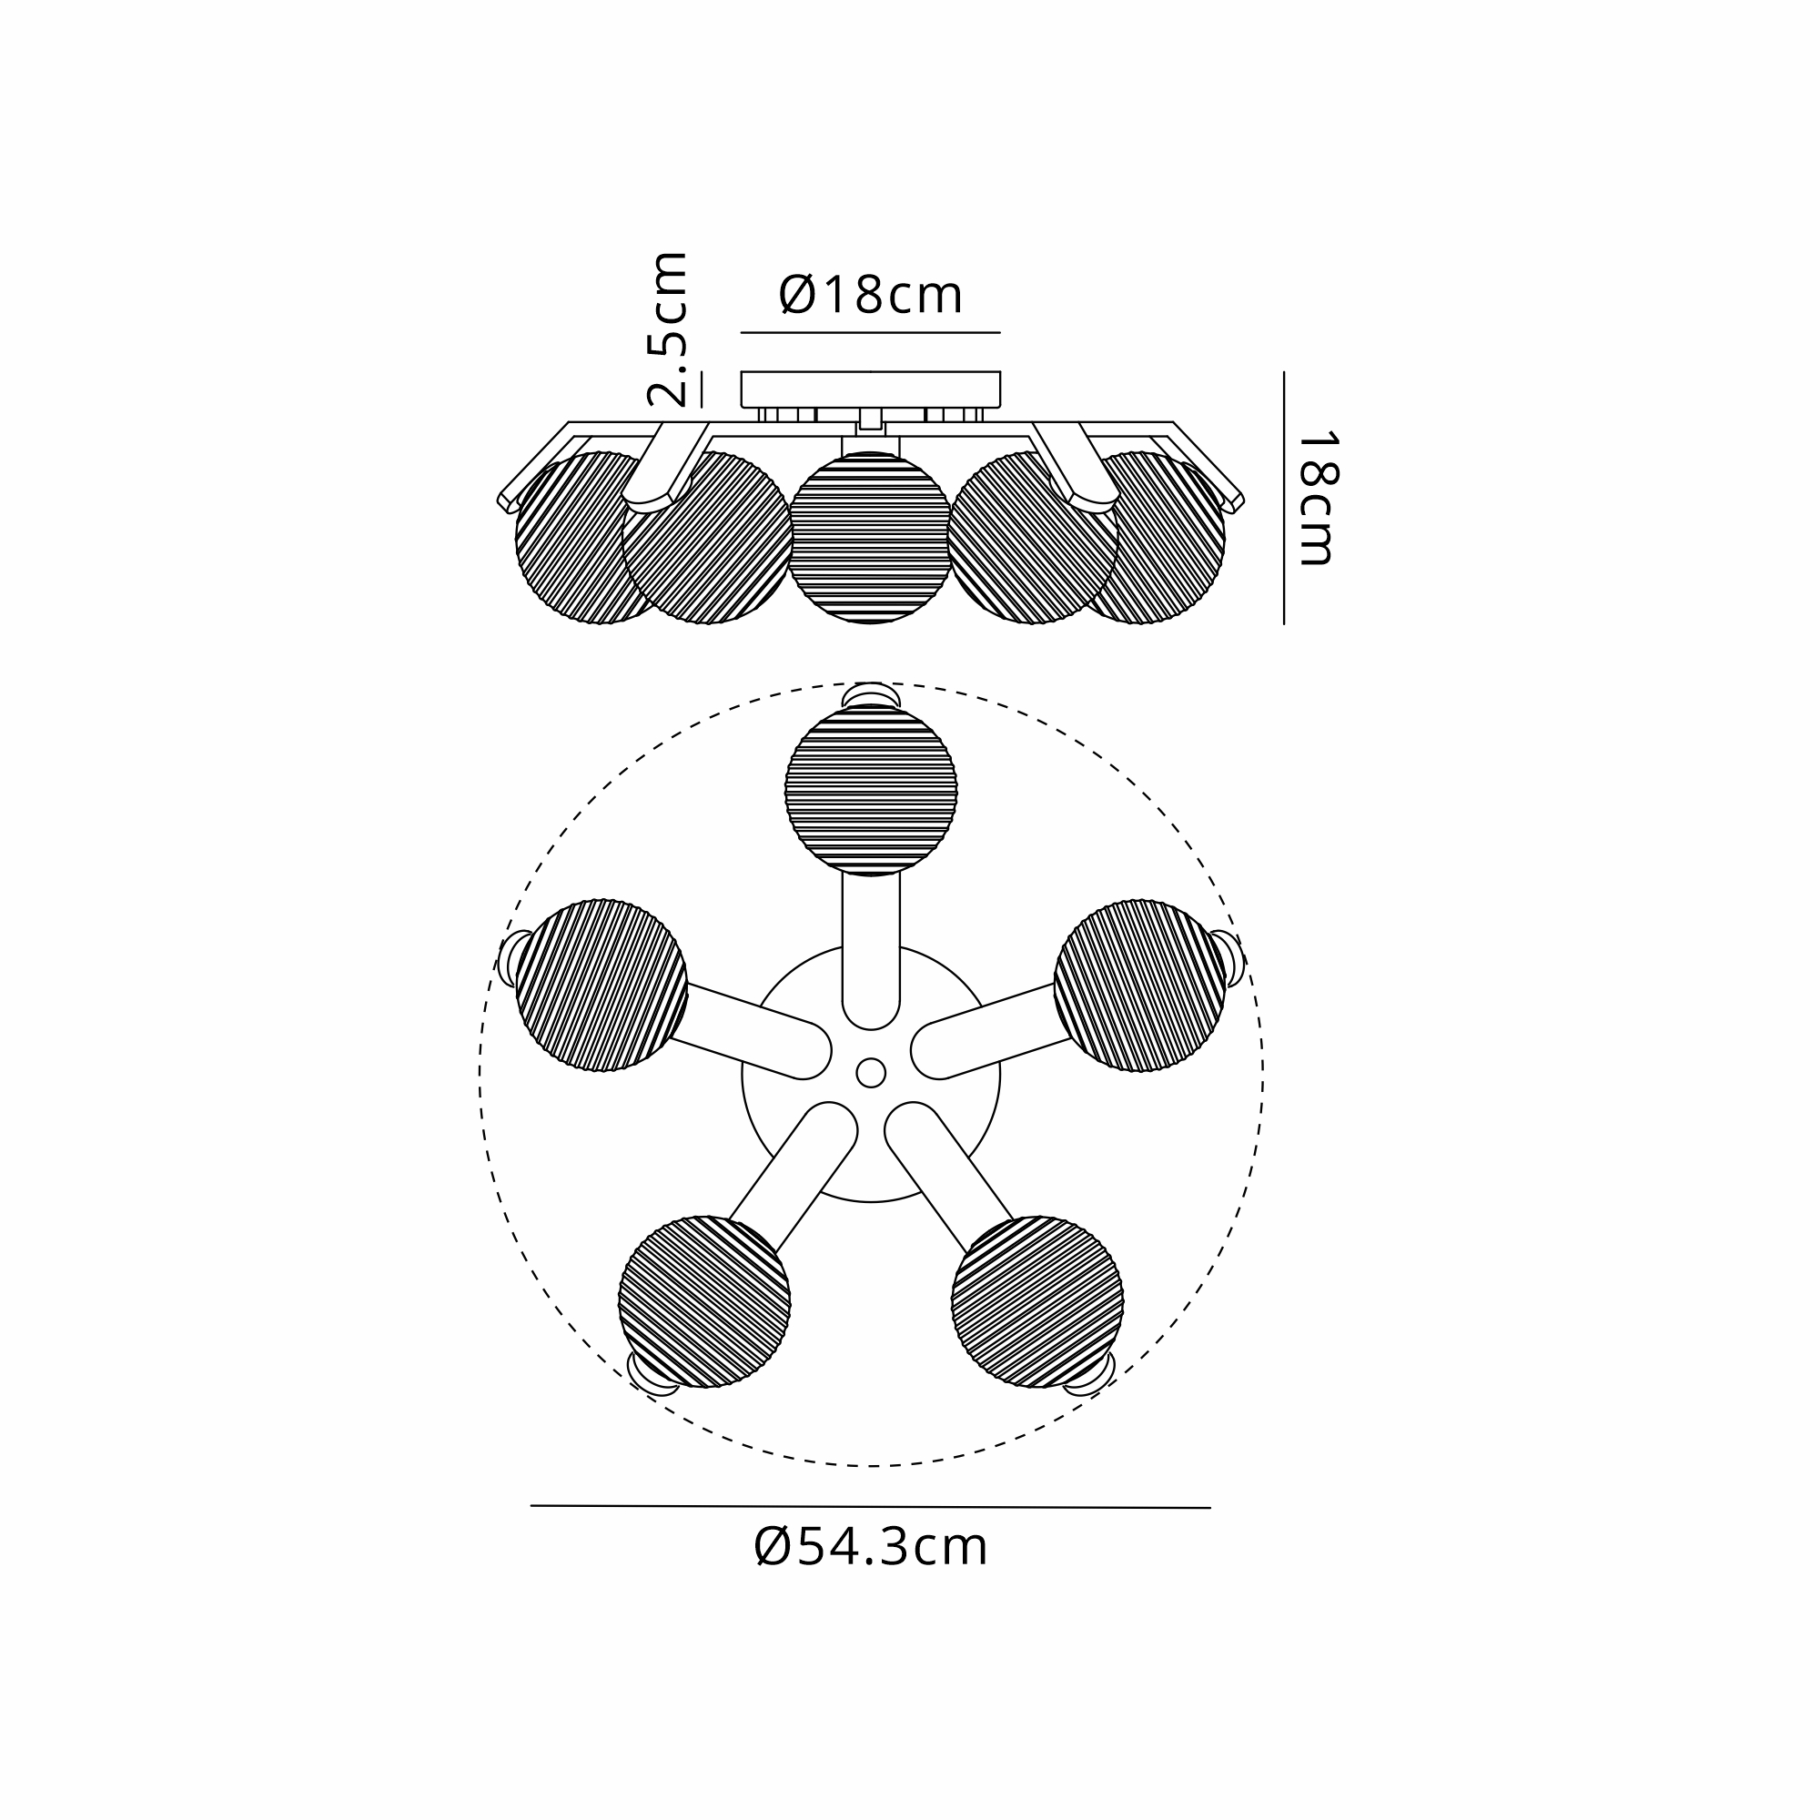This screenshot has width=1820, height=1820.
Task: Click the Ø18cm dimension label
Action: [x=871, y=295]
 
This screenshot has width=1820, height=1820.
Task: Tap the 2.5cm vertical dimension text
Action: [x=667, y=329]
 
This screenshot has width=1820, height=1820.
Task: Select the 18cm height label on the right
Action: [x=1317, y=499]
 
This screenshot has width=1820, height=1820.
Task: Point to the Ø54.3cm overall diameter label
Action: [x=871, y=1547]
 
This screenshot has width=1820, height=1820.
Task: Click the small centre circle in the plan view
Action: [x=871, y=1073]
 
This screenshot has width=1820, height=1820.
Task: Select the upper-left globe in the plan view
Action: [x=602, y=986]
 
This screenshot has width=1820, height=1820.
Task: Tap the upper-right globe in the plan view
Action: [x=1140, y=986]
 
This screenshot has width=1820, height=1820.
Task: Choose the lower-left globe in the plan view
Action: [x=704, y=1302]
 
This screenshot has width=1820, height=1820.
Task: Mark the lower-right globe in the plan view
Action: [x=1037, y=1302]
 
